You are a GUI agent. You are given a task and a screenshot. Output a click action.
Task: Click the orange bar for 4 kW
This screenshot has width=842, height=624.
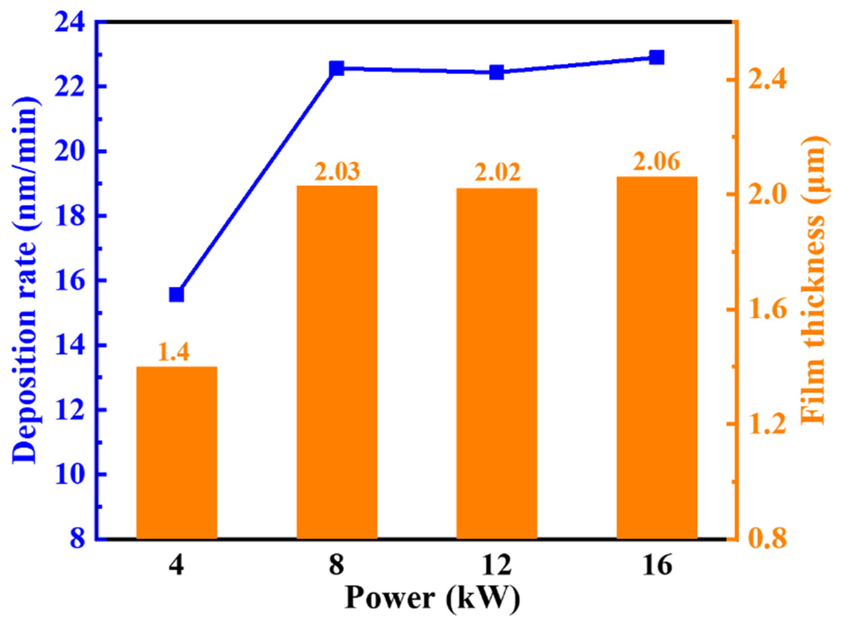(x=176, y=453)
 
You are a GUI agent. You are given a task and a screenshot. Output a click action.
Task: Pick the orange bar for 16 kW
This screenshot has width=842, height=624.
(x=657, y=358)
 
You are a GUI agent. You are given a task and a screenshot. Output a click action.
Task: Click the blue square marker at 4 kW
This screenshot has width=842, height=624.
(x=176, y=295)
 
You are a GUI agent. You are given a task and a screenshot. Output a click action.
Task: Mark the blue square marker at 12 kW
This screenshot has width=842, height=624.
(x=497, y=72)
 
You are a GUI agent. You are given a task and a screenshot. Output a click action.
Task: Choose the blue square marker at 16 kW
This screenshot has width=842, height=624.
(x=657, y=58)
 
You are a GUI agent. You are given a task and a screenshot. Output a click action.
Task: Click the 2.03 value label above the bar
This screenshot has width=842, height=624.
(x=337, y=171)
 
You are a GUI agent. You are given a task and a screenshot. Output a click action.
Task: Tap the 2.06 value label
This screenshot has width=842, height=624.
(x=657, y=162)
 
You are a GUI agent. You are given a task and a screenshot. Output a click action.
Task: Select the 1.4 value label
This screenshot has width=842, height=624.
(x=173, y=352)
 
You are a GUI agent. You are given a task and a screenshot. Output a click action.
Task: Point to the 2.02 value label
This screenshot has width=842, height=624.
(x=497, y=173)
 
